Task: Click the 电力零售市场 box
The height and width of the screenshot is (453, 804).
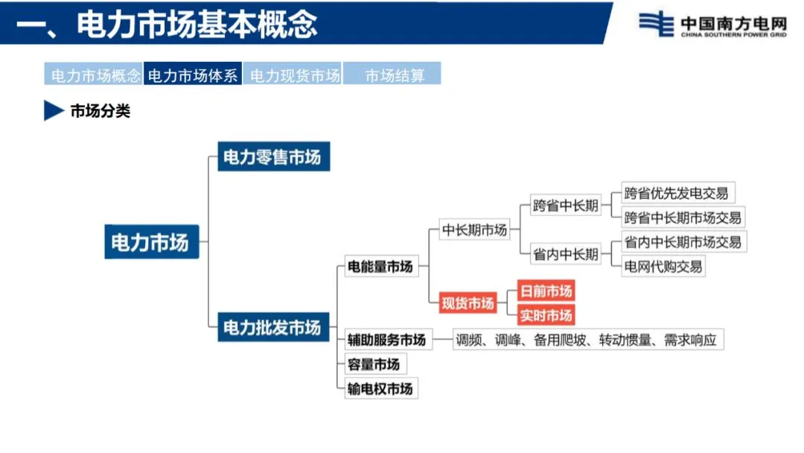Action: point(273,158)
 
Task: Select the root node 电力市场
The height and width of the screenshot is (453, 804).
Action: point(152,242)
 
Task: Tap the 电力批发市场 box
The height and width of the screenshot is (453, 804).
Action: point(273,327)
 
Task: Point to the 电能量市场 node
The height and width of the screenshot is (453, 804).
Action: point(380,266)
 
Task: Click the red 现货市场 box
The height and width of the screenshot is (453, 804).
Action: point(468,303)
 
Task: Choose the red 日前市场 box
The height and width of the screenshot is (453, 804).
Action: point(546,291)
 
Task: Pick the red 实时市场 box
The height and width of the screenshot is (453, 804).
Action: point(546,315)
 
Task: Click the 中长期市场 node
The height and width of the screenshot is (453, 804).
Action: point(474,230)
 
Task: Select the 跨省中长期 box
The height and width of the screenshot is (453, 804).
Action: point(565,206)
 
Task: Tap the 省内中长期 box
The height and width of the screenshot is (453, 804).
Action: point(565,254)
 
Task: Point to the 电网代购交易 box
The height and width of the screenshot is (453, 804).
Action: point(663,266)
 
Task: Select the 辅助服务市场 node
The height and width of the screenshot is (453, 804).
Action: point(386,340)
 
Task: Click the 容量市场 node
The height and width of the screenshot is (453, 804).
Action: point(374,364)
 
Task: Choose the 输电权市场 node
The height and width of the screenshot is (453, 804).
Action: point(380,388)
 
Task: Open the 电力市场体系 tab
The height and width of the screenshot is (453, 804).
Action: point(193,75)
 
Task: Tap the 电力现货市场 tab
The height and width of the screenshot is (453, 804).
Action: point(294,75)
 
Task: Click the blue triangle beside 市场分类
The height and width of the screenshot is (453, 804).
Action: point(54,111)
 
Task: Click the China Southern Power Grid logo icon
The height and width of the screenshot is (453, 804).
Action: point(656,24)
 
